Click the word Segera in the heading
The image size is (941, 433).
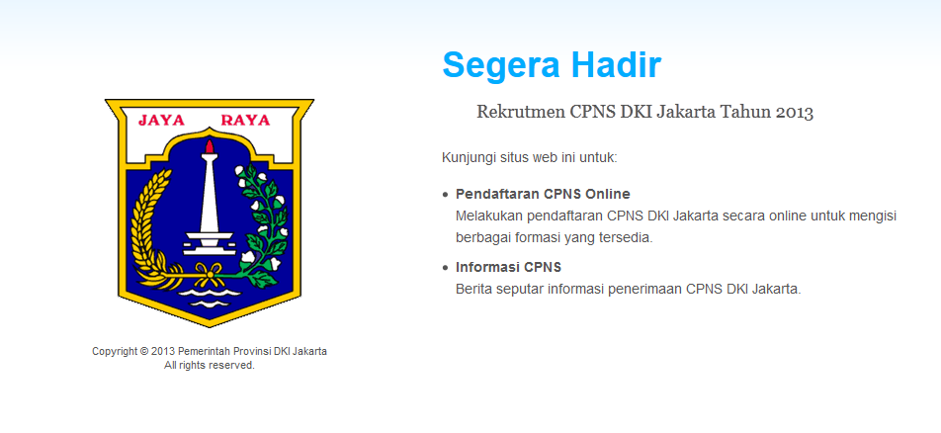[502, 66]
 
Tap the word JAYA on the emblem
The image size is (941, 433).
[161, 120]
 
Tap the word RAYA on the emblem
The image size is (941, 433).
[245, 120]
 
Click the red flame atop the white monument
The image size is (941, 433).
[209, 146]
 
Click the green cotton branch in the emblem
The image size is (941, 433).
[264, 222]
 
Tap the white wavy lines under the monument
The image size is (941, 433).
[210, 298]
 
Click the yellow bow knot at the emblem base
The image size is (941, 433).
[210, 275]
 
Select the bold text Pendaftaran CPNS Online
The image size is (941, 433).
[543, 194]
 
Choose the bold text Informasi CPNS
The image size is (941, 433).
[508, 267]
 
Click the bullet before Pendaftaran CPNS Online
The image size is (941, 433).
[445, 195]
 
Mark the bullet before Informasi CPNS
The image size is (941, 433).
[445, 268]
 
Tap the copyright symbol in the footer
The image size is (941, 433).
[144, 351]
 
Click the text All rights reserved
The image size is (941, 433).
[210, 365]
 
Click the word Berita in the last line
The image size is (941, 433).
[471, 289]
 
